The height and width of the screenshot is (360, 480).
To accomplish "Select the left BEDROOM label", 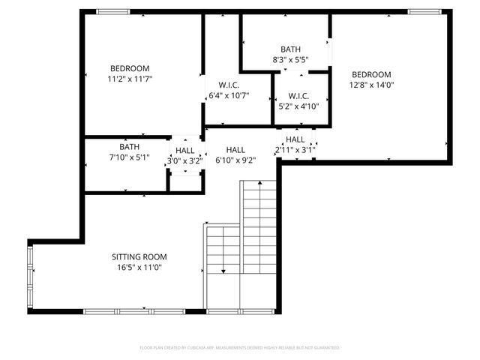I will (130, 68).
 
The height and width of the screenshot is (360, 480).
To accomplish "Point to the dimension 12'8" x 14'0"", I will (372, 85).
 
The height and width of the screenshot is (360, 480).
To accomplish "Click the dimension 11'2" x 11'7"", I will (130, 79).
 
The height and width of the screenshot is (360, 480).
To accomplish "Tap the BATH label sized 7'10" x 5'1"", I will (129, 147).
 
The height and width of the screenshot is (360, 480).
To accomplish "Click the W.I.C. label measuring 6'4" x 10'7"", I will (229, 85).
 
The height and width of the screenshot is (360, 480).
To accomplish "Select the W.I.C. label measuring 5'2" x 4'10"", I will (298, 96).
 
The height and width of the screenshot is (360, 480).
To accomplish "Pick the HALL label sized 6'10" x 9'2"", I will (235, 149).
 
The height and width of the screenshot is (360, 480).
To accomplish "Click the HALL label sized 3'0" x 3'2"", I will (184, 149).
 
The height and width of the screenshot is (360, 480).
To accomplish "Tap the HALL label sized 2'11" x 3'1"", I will (295, 139).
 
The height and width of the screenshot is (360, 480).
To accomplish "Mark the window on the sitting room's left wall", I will (31, 278).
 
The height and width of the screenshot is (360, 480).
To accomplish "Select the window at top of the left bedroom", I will (112, 11).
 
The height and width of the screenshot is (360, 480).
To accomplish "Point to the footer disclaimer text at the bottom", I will (240, 348).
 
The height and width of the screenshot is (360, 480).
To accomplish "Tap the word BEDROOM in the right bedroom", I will (372, 74).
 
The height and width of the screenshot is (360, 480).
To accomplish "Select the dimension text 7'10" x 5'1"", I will (129, 157).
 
